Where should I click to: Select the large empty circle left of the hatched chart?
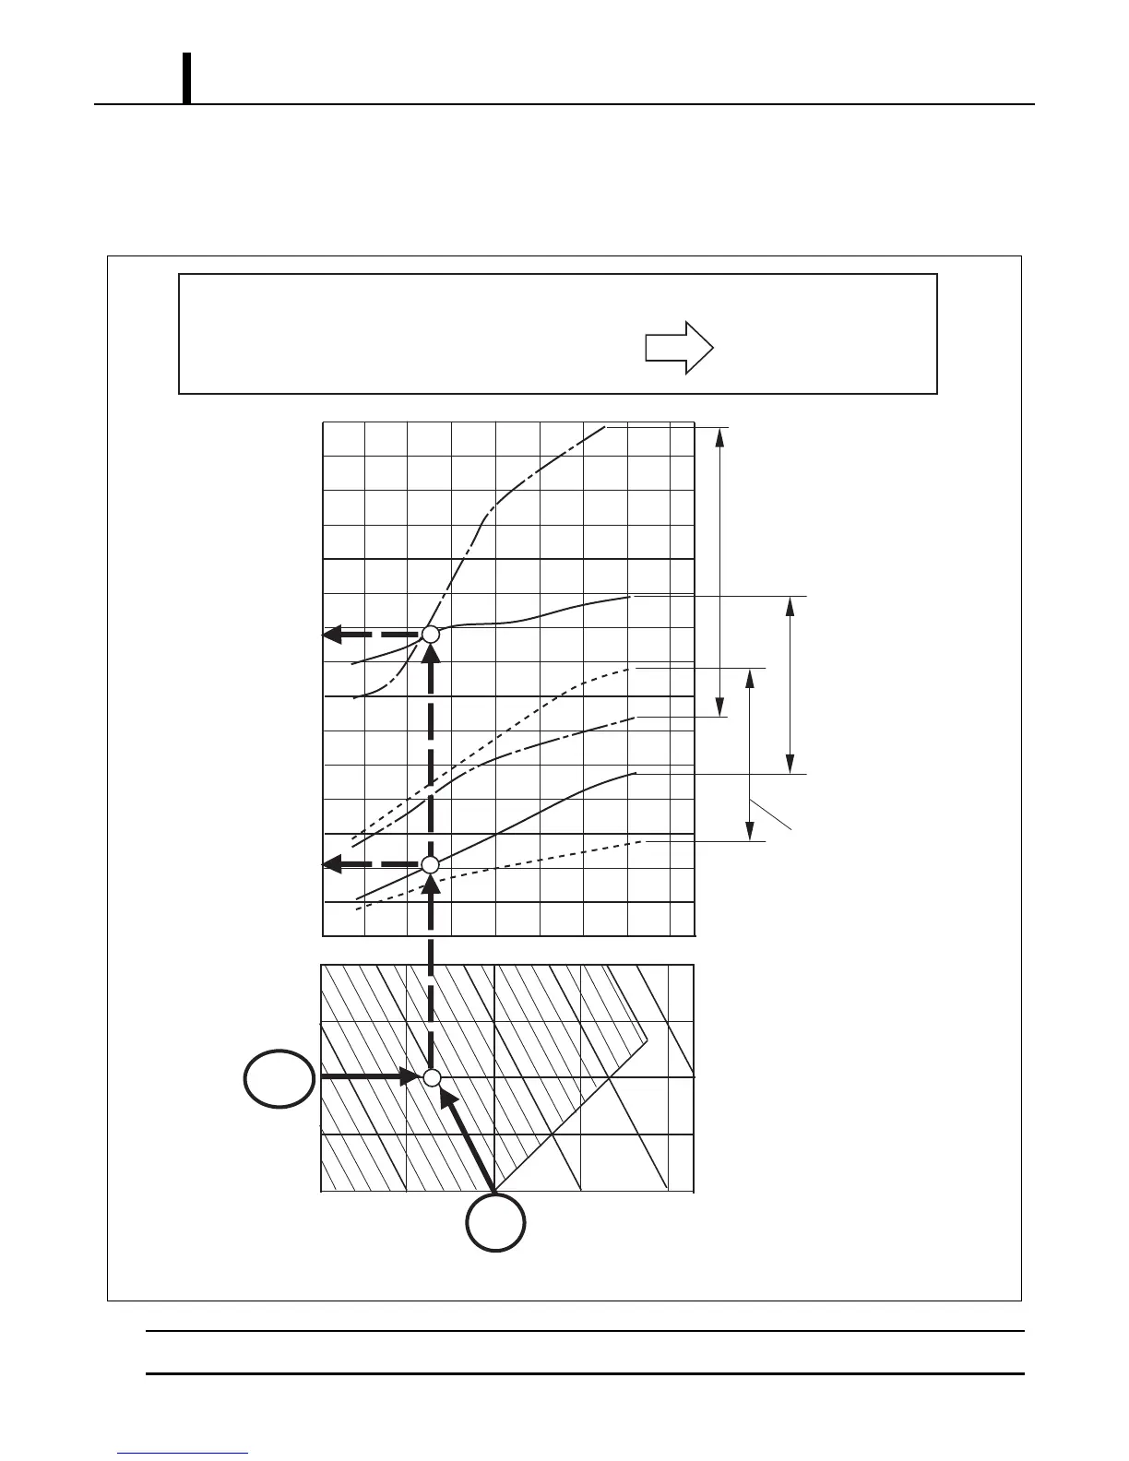tap(279, 1078)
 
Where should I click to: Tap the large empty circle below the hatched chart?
tap(495, 1223)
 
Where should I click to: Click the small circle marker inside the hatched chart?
tap(432, 1078)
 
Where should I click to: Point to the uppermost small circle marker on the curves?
tap(430, 635)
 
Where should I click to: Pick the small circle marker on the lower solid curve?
tap(430, 864)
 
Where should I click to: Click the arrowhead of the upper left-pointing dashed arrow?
tap(333, 635)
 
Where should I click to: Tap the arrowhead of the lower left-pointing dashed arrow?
tap(333, 864)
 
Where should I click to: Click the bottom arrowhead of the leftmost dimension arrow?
tap(720, 707)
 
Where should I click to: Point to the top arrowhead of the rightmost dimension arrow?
tap(790, 605)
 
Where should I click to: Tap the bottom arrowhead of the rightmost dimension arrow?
tap(790, 765)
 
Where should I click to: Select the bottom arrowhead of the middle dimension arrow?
tap(750, 832)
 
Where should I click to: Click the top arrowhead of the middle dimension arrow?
tap(750, 677)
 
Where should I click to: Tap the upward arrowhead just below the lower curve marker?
tap(431, 883)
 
